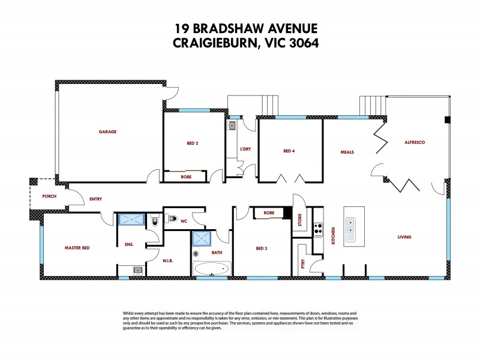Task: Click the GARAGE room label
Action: [x=108, y=131]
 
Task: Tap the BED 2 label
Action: [x=192, y=143]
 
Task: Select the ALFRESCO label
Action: [x=415, y=142]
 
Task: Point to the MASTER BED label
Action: [x=77, y=247]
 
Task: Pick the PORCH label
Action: [x=49, y=196]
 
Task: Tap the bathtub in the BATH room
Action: [x=212, y=268]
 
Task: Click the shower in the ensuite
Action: [x=130, y=220]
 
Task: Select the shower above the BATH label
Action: [x=202, y=239]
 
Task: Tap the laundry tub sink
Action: [x=232, y=126]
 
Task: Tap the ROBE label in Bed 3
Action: [x=269, y=212]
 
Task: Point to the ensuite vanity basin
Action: [x=137, y=271]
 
